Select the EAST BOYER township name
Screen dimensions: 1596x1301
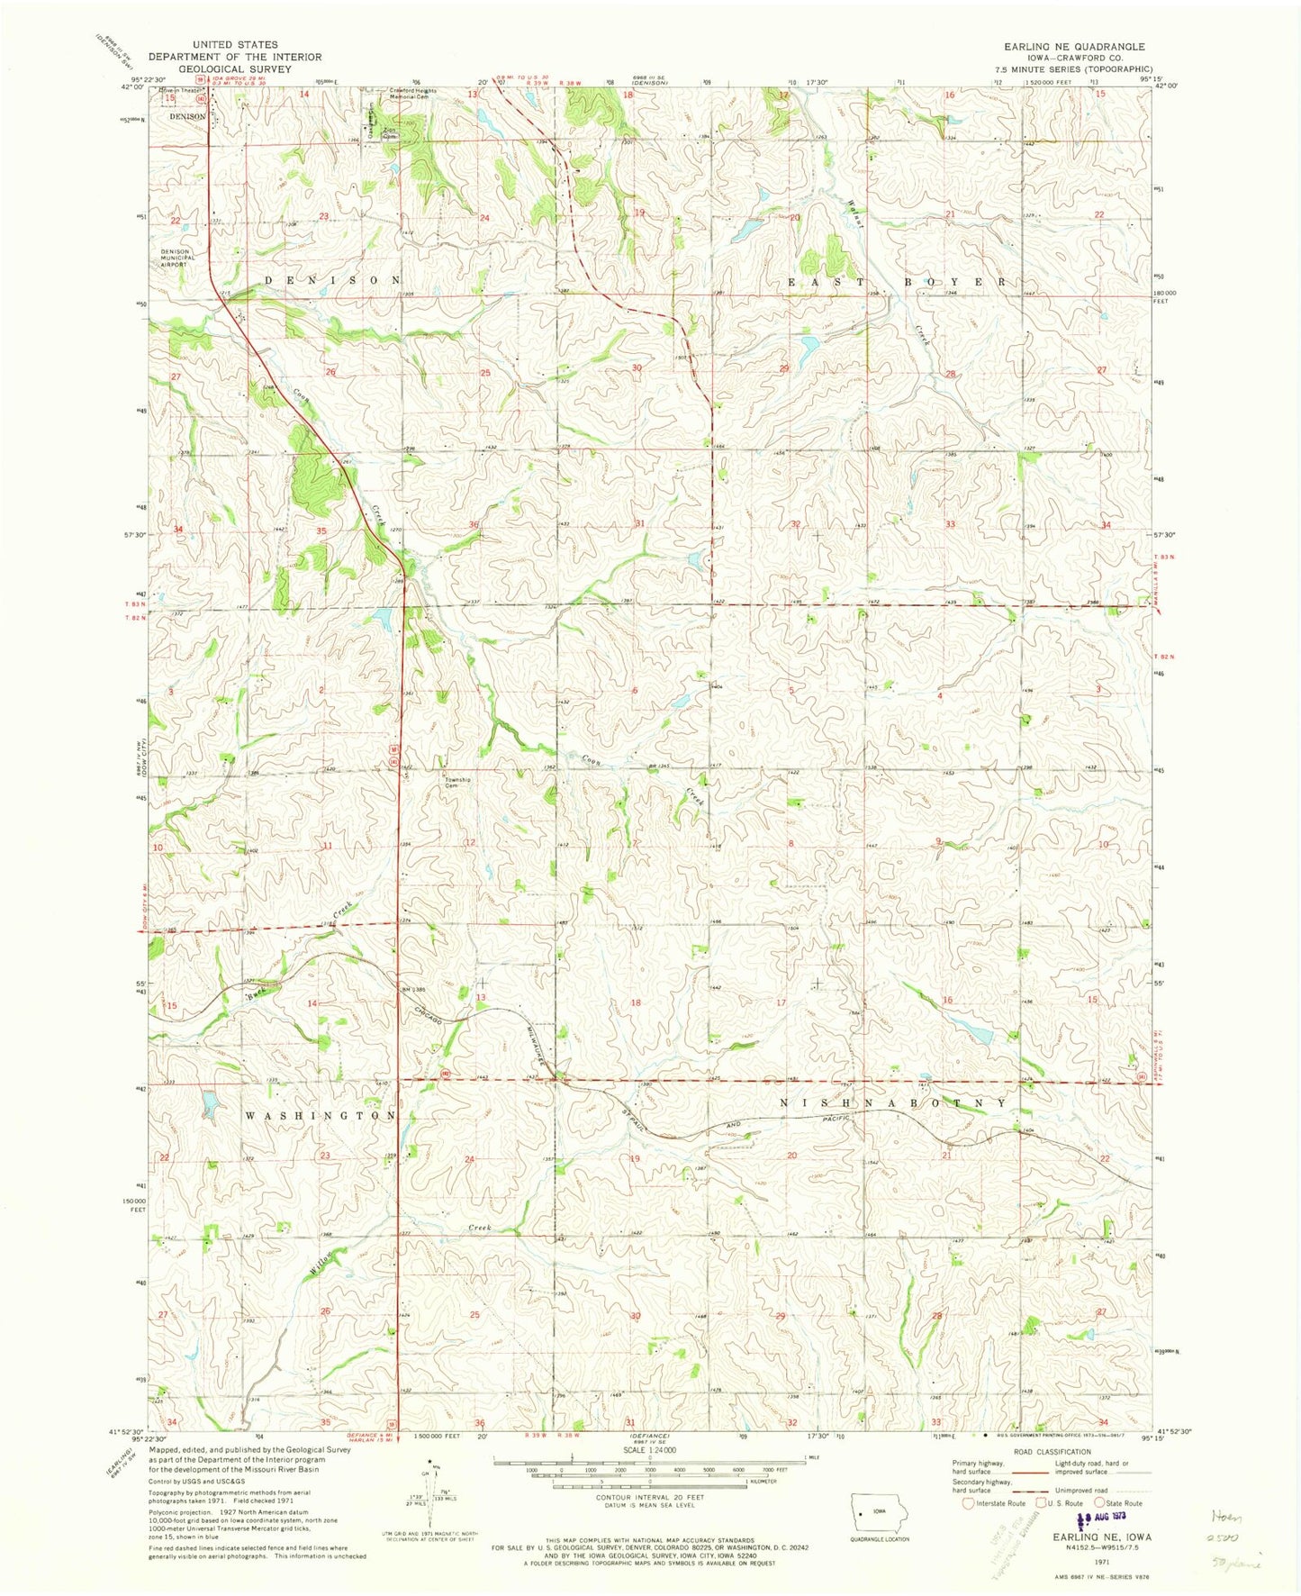[x=898, y=282]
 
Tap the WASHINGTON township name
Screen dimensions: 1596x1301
[x=321, y=1115]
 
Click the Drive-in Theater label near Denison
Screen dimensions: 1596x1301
[x=180, y=91]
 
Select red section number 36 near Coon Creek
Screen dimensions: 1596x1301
[x=474, y=524]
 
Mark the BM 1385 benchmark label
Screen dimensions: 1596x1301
[x=413, y=990]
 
